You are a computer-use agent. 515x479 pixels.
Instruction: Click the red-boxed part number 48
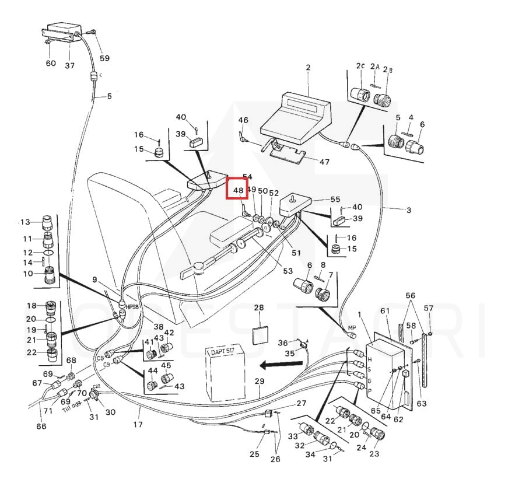[238, 190]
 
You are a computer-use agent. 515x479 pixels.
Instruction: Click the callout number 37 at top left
[69, 65]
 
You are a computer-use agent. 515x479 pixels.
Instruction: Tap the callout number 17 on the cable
[138, 424]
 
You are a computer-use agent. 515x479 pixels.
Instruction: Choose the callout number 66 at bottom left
[41, 426]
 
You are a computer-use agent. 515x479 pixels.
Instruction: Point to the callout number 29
[260, 381]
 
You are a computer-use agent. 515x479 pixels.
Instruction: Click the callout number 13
[24, 222]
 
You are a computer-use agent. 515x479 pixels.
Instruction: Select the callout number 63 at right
[422, 403]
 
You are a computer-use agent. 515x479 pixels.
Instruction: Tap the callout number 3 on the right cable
[408, 209]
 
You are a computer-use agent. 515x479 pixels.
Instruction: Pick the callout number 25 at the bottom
[254, 454]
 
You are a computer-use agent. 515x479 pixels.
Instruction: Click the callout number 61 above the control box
[384, 310]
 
